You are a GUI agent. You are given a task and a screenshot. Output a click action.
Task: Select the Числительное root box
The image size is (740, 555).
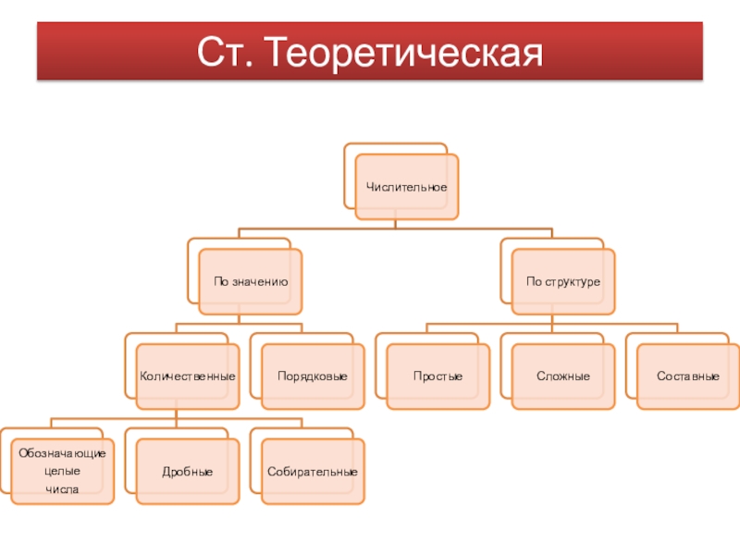(407, 187)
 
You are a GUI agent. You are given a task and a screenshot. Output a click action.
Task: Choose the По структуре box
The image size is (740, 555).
(563, 281)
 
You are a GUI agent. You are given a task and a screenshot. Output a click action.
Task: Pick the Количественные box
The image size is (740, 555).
(188, 376)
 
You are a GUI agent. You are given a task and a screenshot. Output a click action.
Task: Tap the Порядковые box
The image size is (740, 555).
(313, 376)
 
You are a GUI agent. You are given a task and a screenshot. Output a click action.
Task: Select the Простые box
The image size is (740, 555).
(438, 376)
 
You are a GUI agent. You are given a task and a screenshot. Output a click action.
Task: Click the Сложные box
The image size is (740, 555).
(563, 376)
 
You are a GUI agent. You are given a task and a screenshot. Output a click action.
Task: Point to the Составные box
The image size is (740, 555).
(688, 376)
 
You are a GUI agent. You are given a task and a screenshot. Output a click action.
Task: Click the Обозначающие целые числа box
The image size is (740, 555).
(63, 471)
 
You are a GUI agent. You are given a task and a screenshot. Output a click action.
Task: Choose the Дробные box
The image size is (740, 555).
(188, 472)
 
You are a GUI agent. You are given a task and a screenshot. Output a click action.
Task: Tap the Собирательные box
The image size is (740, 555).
(313, 472)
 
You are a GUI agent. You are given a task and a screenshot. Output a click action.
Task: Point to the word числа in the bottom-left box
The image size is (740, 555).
(63, 488)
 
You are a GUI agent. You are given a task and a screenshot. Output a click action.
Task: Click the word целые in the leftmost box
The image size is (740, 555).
(63, 471)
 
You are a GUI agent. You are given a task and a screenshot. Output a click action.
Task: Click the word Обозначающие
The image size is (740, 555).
(63, 454)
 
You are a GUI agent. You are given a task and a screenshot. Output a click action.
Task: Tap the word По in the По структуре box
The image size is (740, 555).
(533, 281)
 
